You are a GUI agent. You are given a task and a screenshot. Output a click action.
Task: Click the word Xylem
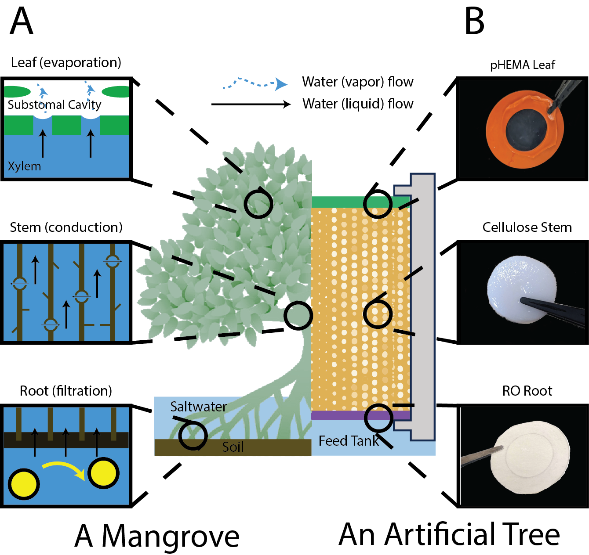24,166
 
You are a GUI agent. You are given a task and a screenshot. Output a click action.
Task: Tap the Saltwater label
198,407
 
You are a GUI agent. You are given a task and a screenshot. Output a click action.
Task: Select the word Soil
233,447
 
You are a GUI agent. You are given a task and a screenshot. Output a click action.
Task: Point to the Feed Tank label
348,441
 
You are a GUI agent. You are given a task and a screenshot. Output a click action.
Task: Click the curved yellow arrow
64,467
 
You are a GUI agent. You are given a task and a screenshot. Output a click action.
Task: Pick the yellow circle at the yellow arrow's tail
24,484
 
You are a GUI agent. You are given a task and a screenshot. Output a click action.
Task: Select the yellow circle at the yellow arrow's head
103,473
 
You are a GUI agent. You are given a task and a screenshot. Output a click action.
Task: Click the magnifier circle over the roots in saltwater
193,435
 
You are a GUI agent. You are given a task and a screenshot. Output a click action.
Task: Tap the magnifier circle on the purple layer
378,418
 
